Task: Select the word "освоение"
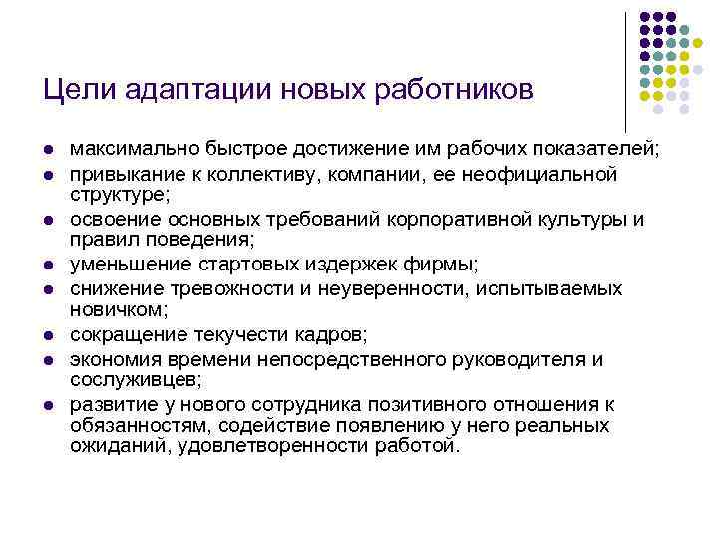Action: (x=108, y=220)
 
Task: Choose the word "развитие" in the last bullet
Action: (x=107, y=404)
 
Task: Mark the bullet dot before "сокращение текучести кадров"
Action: (x=47, y=335)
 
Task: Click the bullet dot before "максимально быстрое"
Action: (x=47, y=151)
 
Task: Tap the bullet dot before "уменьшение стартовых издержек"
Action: (x=47, y=266)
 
